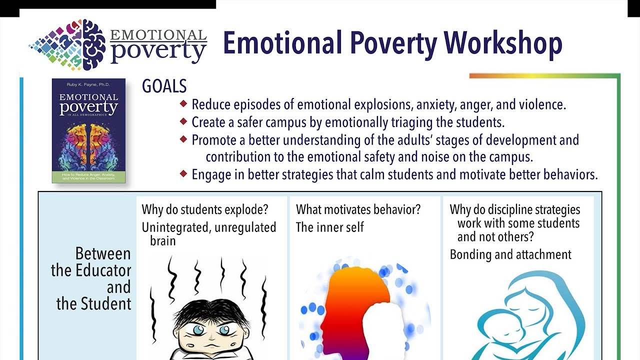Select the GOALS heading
click(x=164, y=86)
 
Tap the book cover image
click(x=88, y=130)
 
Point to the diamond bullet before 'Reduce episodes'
click(x=183, y=104)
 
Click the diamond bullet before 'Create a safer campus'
click(x=183, y=121)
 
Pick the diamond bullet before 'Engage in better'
click(x=183, y=173)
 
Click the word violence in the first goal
click(x=540, y=105)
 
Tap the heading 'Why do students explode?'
click(x=204, y=209)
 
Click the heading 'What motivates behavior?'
click(x=358, y=209)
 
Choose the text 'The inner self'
click(x=330, y=227)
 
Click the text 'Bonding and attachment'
click(x=510, y=254)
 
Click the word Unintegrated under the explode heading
click(x=173, y=227)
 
